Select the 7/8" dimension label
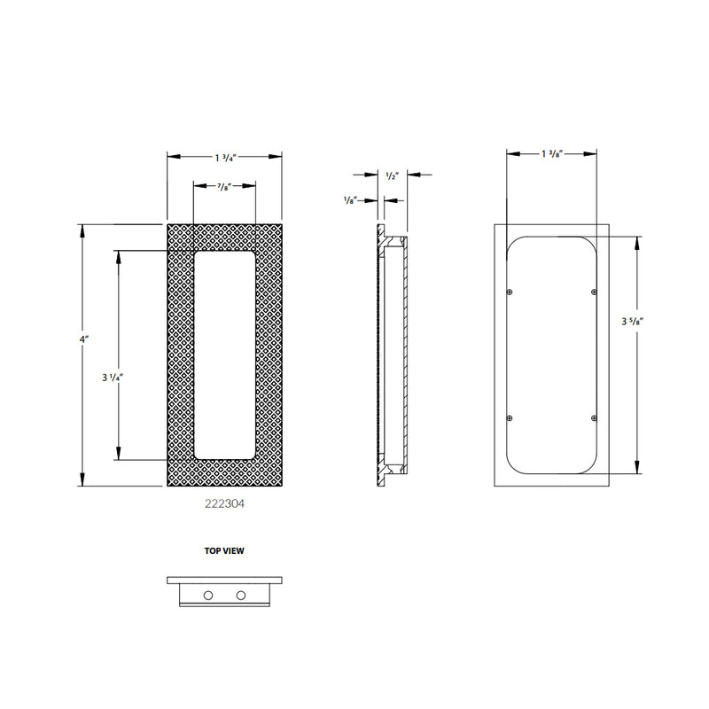(x=225, y=186)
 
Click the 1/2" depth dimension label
(x=393, y=175)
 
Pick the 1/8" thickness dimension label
(x=350, y=200)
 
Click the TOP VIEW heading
(x=225, y=550)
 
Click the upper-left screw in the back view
(x=509, y=292)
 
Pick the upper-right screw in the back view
(x=593, y=292)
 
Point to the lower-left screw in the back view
(x=509, y=417)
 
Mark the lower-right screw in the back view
(x=593, y=417)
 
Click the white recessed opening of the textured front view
(x=225, y=354)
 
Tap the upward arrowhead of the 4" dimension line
(x=82, y=230)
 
